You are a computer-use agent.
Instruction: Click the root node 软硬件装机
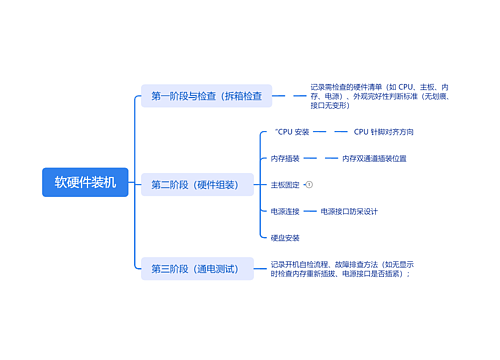[x=85, y=182]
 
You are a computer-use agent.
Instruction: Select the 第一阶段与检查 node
[x=205, y=96]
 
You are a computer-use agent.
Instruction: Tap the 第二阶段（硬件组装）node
[x=195, y=184]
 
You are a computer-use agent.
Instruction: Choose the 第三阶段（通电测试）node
[x=195, y=268]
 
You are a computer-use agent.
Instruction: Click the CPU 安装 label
[x=292, y=131]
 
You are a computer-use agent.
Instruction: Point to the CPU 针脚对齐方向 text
[x=383, y=131]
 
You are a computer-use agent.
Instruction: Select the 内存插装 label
[x=285, y=158]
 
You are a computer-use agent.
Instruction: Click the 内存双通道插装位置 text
[x=374, y=158]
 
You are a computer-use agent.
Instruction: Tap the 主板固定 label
[x=285, y=185]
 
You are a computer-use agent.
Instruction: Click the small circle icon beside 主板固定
[x=309, y=185]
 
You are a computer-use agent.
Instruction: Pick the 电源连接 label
[x=285, y=212]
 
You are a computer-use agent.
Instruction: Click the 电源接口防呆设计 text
[x=349, y=212]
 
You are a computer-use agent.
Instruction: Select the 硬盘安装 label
[x=285, y=238]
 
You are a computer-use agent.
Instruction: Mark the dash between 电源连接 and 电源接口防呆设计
[x=310, y=212]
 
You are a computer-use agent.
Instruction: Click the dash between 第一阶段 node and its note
[x=287, y=96]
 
